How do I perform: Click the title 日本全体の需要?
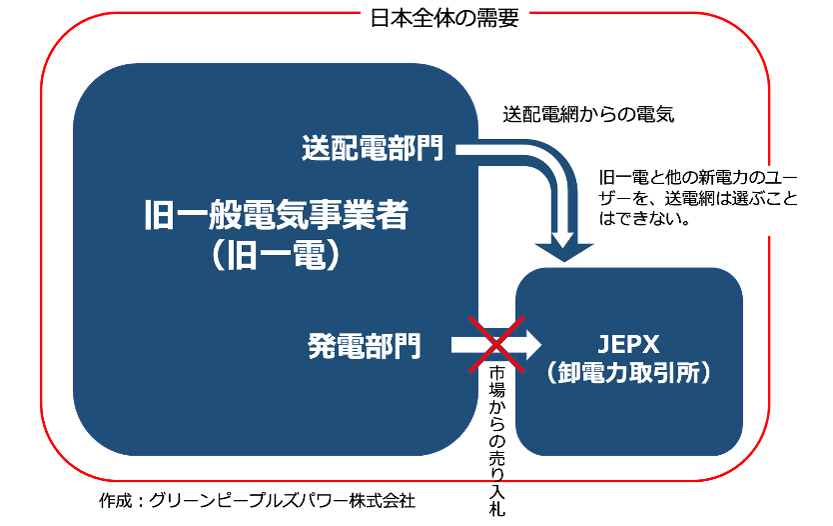click(x=444, y=19)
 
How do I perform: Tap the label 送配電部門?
click(x=372, y=149)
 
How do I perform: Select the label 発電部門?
click(x=364, y=346)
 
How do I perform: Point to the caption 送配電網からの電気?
click(x=589, y=114)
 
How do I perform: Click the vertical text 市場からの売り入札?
click(x=497, y=438)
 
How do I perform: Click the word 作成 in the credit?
click(x=115, y=499)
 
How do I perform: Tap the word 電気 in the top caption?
click(x=658, y=114)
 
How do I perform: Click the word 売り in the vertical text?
click(x=497, y=470)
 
